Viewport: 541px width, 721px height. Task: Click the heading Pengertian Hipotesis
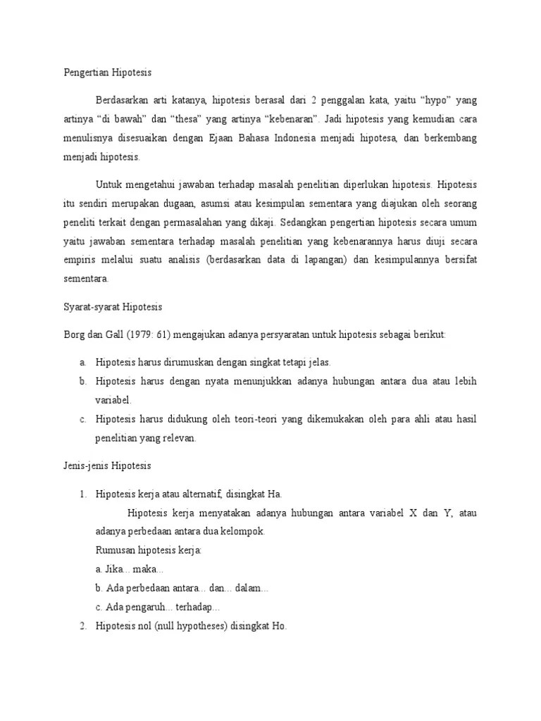(x=108, y=73)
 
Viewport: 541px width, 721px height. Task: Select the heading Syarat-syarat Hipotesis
(x=113, y=307)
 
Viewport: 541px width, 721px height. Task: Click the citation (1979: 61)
(x=151, y=334)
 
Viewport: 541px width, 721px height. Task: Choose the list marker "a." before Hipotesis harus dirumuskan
(x=83, y=362)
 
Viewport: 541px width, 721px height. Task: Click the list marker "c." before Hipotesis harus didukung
(x=83, y=419)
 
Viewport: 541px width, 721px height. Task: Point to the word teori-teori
(x=253, y=419)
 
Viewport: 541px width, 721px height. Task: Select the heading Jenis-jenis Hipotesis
(x=107, y=466)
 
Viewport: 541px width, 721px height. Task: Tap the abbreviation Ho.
(x=280, y=626)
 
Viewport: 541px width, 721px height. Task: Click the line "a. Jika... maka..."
(x=129, y=569)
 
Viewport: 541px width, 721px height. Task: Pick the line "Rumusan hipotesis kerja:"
(x=147, y=550)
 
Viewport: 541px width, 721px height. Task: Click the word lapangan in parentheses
(x=321, y=260)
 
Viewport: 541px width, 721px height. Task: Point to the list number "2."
(x=83, y=626)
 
